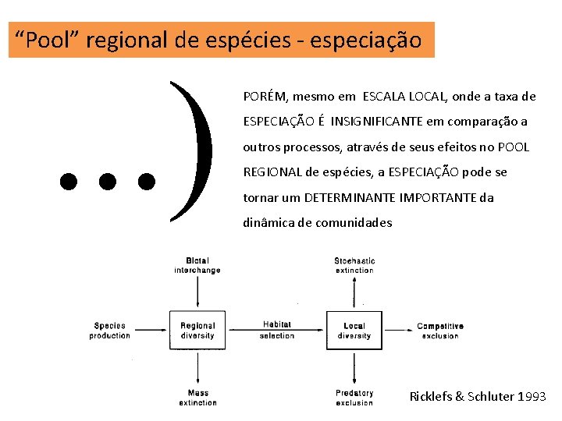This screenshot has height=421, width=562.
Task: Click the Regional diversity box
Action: [197, 331]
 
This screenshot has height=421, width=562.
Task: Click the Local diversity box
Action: [354, 331]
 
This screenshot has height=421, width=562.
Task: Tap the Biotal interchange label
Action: [197, 265]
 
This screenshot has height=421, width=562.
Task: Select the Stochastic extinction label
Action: [354, 265]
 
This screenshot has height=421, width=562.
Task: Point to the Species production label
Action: [110, 331]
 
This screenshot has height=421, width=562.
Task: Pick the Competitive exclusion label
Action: [440, 331]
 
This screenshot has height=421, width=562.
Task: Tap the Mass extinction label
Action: [197, 398]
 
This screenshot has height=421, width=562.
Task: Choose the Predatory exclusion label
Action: [354, 398]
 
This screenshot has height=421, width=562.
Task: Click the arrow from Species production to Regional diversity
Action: [151, 331]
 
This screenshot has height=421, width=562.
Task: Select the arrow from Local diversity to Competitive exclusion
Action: [397, 331]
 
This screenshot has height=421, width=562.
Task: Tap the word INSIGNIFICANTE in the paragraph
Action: [377, 122]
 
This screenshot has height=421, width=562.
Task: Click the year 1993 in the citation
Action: [533, 397]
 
